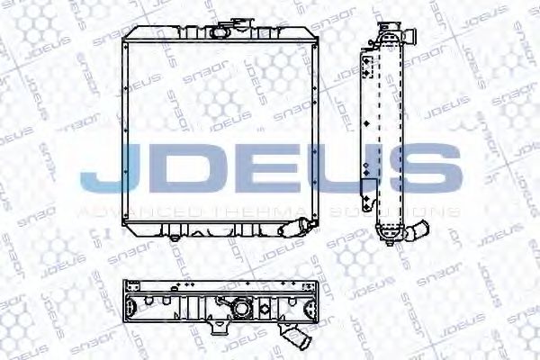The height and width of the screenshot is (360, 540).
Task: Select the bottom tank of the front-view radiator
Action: coord(220,229)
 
